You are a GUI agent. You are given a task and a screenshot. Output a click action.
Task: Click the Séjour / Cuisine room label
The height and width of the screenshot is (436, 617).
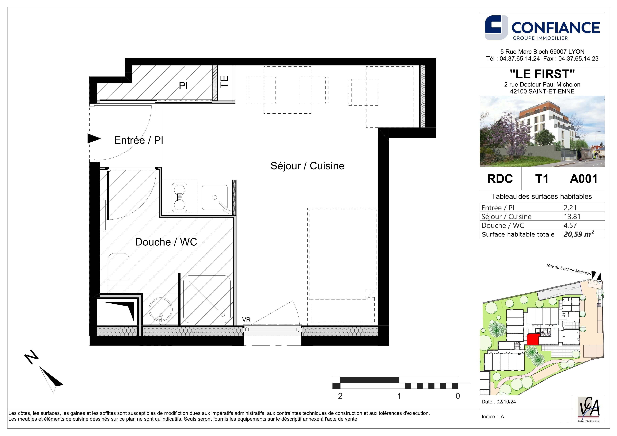click(307, 166)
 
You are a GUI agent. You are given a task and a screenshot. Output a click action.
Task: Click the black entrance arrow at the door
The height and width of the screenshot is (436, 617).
click(94, 139)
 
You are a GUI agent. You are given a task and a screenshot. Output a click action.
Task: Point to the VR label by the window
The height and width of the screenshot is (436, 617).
click(246, 320)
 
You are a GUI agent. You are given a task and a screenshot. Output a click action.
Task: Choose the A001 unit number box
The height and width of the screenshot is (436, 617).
click(584, 179)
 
